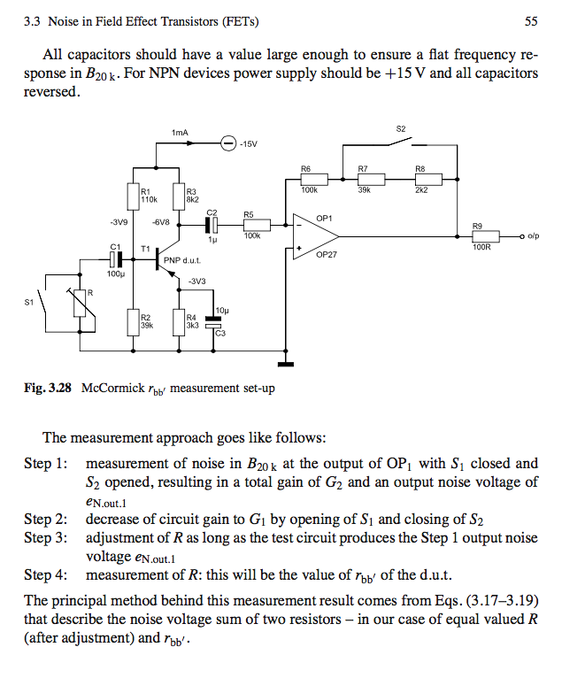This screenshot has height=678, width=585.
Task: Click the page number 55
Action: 531,21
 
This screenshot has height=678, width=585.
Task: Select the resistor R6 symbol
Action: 314,179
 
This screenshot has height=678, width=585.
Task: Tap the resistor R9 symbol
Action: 486,236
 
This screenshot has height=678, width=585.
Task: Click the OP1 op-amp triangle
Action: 316,236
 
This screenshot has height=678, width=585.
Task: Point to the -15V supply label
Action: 248,144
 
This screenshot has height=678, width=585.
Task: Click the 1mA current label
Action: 180,132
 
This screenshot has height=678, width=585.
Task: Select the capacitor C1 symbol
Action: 115,259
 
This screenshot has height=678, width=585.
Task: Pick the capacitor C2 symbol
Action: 212,225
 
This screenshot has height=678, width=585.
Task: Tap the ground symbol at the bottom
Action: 285,364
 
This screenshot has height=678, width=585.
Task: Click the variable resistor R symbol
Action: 80,303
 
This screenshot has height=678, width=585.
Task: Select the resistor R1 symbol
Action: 133,196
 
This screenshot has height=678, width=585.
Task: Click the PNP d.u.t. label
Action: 182,261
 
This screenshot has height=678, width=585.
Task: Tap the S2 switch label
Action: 401,129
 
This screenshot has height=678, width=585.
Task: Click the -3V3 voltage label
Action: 197,281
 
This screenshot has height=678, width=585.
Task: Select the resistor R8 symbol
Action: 428,179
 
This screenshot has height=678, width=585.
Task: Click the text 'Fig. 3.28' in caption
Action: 48,388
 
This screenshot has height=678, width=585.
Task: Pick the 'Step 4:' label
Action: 46,575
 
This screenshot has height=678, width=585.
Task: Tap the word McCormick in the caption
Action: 113,388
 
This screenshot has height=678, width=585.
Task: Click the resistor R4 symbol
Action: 179,322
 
